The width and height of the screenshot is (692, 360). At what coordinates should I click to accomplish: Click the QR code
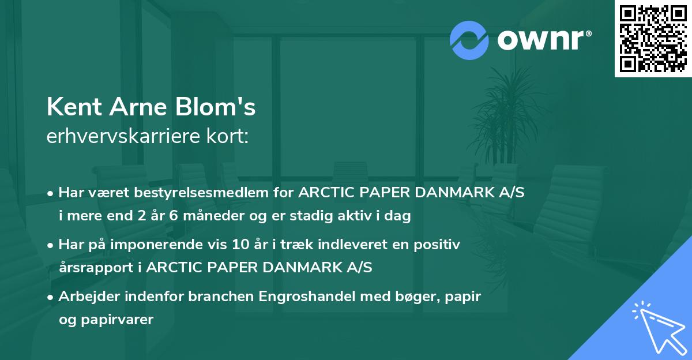653,39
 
